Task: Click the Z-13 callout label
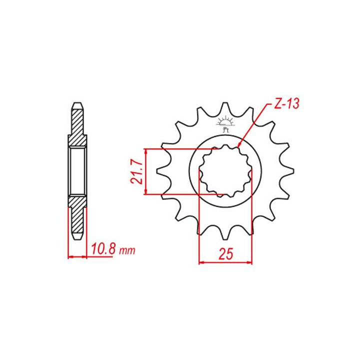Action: (x=287, y=103)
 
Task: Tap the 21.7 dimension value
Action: (x=137, y=171)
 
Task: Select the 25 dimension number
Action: (x=225, y=254)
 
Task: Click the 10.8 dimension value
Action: (x=103, y=249)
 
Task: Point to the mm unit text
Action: (x=127, y=251)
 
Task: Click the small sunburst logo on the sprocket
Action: (x=225, y=124)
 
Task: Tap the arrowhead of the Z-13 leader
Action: (x=239, y=144)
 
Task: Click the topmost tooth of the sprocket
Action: (x=225, y=108)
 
